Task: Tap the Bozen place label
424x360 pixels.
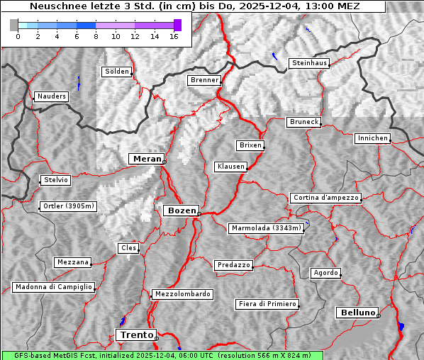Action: [181, 210]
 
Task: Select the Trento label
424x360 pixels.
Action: [136, 334]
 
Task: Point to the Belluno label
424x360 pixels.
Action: [357, 312]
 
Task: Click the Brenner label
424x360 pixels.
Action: [205, 80]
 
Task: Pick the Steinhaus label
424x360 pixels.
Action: [310, 63]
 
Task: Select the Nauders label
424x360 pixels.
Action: [52, 96]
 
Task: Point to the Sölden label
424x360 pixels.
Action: [117, 72]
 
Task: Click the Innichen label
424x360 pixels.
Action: [372, 138]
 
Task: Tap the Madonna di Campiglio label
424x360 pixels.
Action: [53, 287]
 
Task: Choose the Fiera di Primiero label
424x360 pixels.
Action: [267, 304]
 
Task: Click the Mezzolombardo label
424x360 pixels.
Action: [182, 294]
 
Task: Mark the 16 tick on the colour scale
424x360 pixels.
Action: [174, 36]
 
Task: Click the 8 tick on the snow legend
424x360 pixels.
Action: [96, 36]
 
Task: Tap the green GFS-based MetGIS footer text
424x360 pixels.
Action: [162, 355]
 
